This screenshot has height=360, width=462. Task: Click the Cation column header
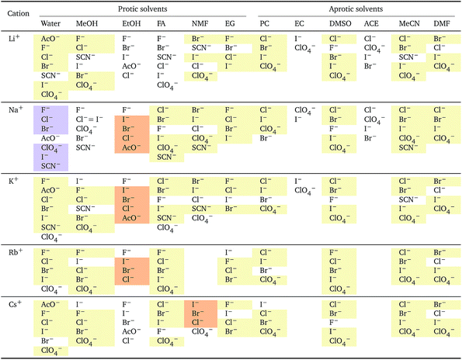point(19,13)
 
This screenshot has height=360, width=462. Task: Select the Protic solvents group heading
point(143,9)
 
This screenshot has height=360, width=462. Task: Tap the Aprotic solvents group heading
point(356,9)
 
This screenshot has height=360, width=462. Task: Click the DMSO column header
point(340,23)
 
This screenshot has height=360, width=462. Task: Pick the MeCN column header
point(409,23)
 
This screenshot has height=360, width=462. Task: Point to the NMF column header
point(200,23)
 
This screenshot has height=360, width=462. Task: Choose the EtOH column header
point(131,23)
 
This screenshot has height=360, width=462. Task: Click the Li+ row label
point(14,38)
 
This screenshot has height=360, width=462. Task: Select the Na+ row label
point(16,110)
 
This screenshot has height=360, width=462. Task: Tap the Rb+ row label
point(16,252)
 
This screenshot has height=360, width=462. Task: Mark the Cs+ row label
point(15,304)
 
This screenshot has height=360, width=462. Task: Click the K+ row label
point(13,181)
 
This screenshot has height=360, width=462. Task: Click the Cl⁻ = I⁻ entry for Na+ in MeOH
point(89,119)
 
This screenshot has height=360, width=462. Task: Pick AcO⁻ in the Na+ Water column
point(50,138)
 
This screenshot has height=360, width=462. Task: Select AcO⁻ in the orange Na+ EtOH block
point(131,147)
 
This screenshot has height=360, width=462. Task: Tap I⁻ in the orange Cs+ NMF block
point(195,304)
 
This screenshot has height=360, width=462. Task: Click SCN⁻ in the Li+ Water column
point(50,76)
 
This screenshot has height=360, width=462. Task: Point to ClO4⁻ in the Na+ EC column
point(304,110)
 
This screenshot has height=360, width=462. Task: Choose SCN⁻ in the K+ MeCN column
point(408,199)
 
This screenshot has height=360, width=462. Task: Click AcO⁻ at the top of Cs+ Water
point(50,304)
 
